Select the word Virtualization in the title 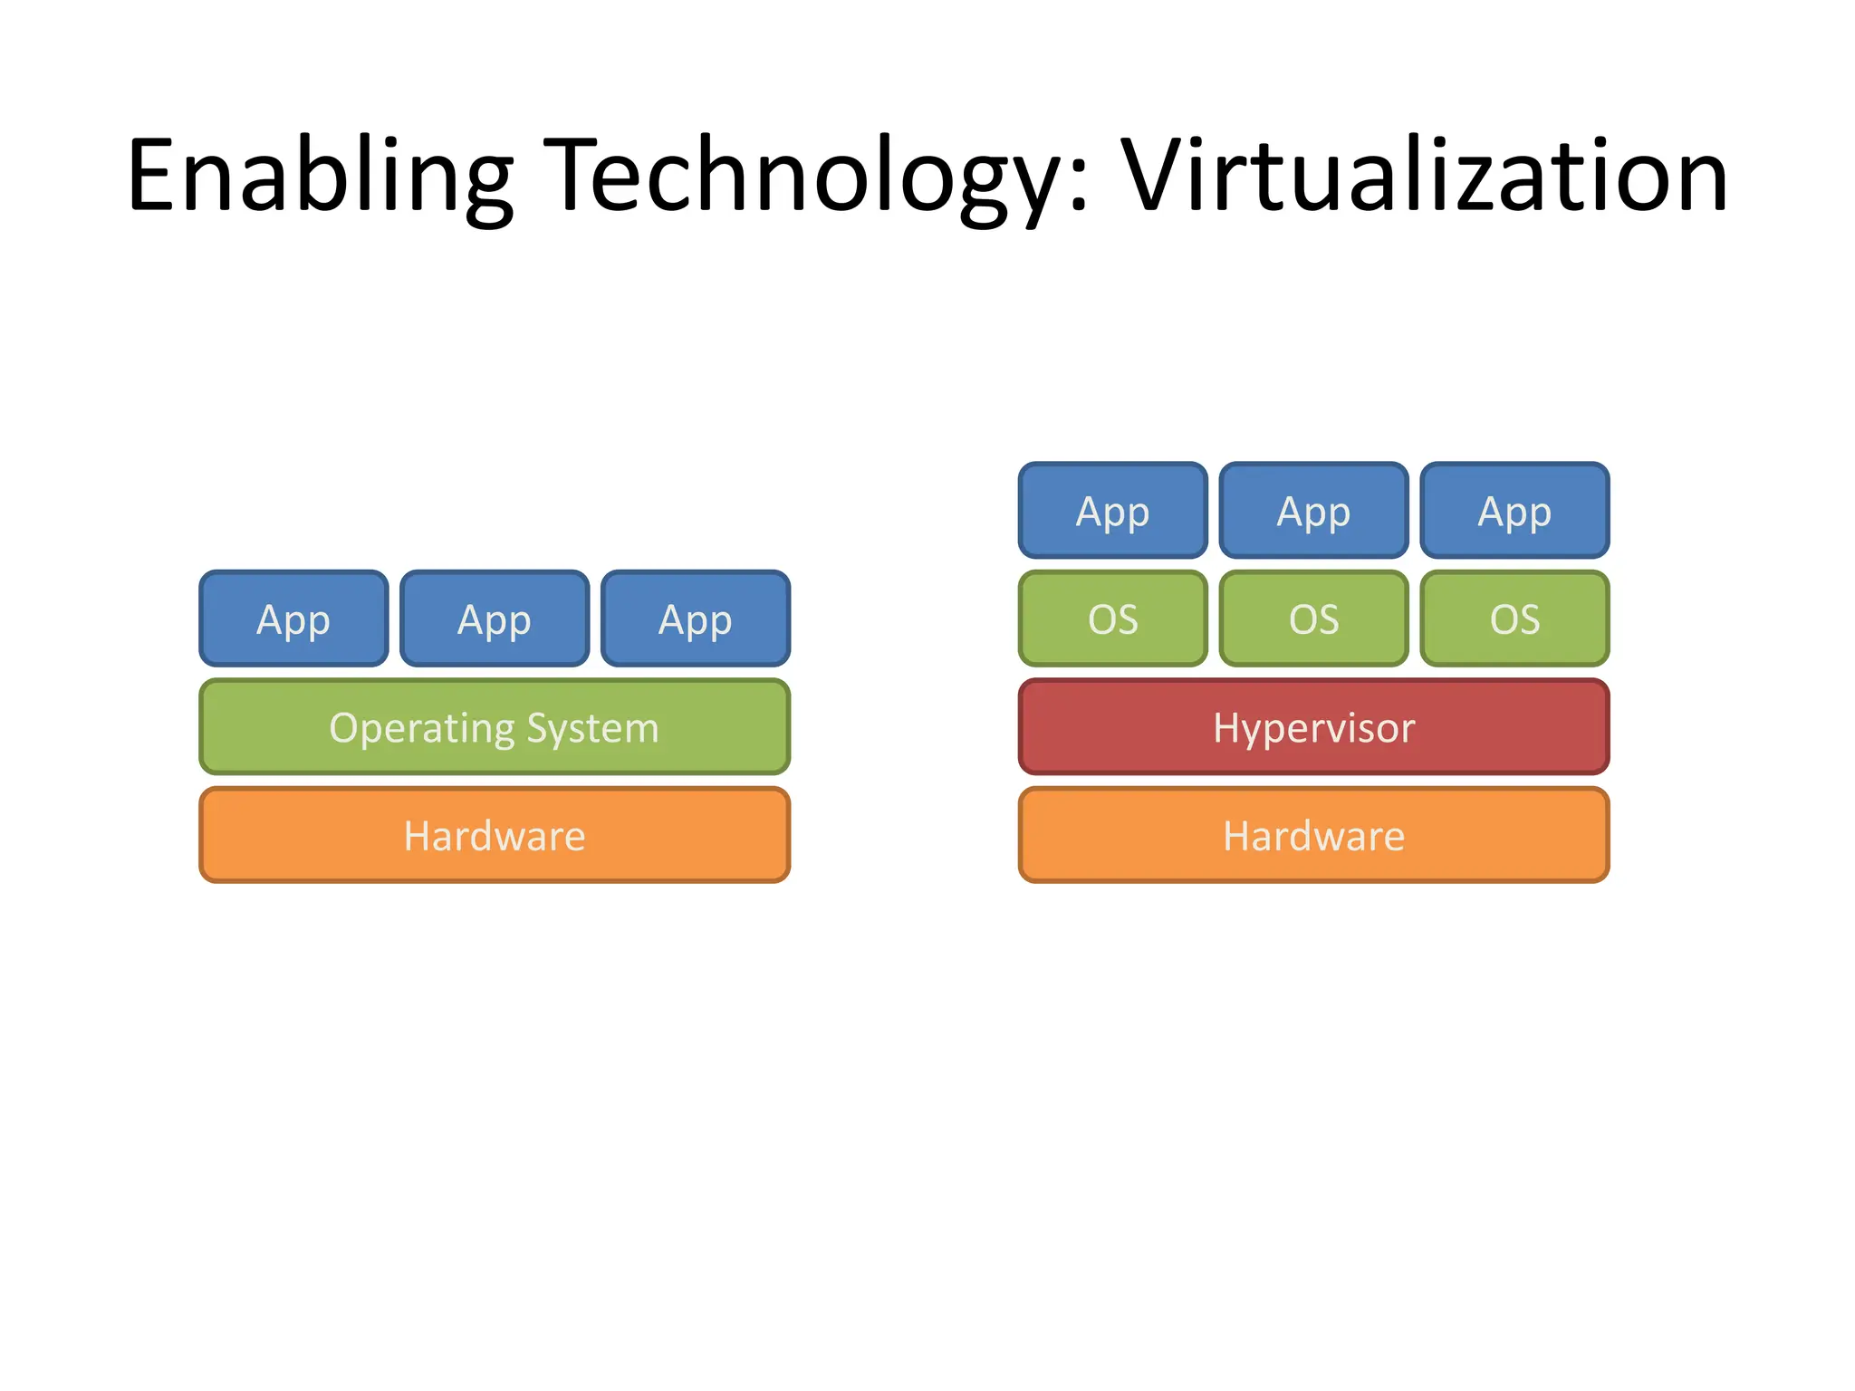click(1425, 177)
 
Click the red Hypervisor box click(1313, 727)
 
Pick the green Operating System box click(495, 727)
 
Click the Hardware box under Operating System click(495, 835)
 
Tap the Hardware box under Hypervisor click(1313, 835)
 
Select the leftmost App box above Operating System click(293, 619)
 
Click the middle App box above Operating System click(495, 619)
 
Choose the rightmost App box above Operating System click(696, 619)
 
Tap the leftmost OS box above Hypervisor click(1112, 619)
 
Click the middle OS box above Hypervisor click(1313, 619)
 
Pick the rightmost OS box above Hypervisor click(1514, 619)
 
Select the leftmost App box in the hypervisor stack click(1112, 511)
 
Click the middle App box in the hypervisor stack click(1313, 511)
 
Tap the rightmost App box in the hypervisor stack click(1514, 511)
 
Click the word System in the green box click(593, 729)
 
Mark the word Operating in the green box click(421, 729)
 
